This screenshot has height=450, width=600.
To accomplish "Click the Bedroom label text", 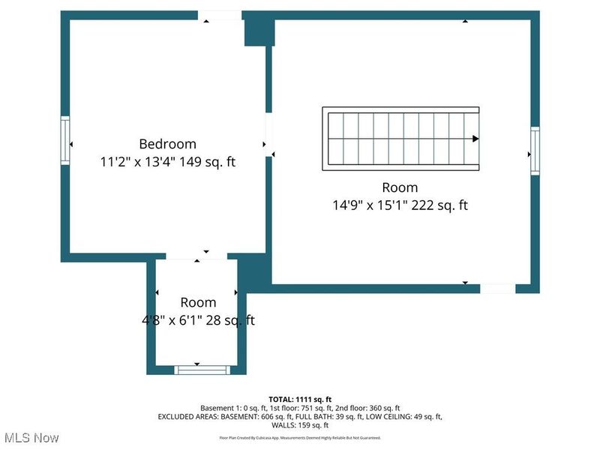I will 167,143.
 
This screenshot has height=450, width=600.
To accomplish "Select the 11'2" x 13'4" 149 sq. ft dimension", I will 167,161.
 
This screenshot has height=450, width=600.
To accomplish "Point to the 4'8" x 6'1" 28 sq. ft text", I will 198,320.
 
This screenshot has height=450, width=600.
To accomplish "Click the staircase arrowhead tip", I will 475,139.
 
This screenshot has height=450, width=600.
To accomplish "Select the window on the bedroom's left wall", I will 65,140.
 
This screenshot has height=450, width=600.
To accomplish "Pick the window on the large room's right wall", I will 535,151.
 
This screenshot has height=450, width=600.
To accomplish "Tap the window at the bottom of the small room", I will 200,369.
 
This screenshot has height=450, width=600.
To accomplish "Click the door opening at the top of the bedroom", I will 220,15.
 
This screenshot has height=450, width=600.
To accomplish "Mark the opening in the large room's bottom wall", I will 497,288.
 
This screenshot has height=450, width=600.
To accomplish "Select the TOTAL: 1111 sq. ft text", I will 299,399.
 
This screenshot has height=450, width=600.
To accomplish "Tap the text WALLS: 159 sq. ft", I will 299,424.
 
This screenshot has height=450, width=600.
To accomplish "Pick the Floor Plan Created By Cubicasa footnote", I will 299,437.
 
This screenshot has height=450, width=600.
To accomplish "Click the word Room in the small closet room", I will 198,302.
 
